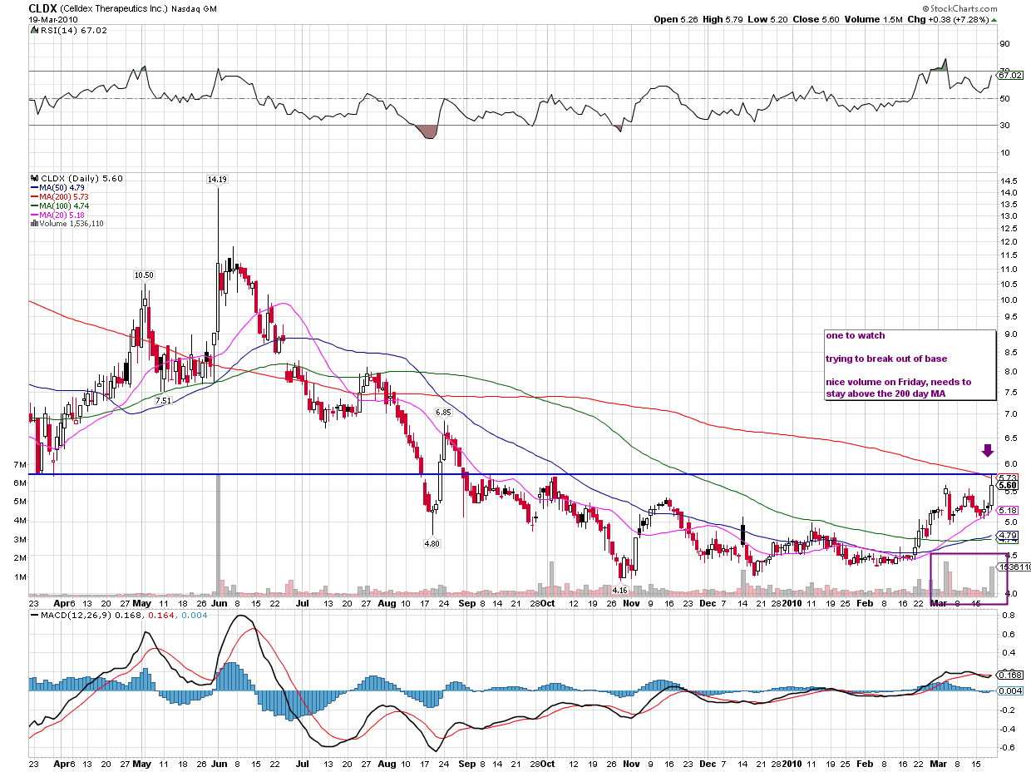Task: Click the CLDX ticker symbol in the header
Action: pyautogui.click(x=42, y=7)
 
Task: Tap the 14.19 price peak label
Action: pyautogui.click(x=217, y=179)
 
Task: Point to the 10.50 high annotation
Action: pyautogui.click(x=144, y=275)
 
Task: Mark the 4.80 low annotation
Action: pyautogui.click(x=432, y=543)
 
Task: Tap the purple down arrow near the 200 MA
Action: pyautogui.click(x=987, y=451)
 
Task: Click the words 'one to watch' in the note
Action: pyautogui.click(x=855, y=336)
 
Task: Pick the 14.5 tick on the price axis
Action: pyautogui.click(x=1009, y=181)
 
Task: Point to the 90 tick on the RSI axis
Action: pyautogui.click(x=1004, y=44)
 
